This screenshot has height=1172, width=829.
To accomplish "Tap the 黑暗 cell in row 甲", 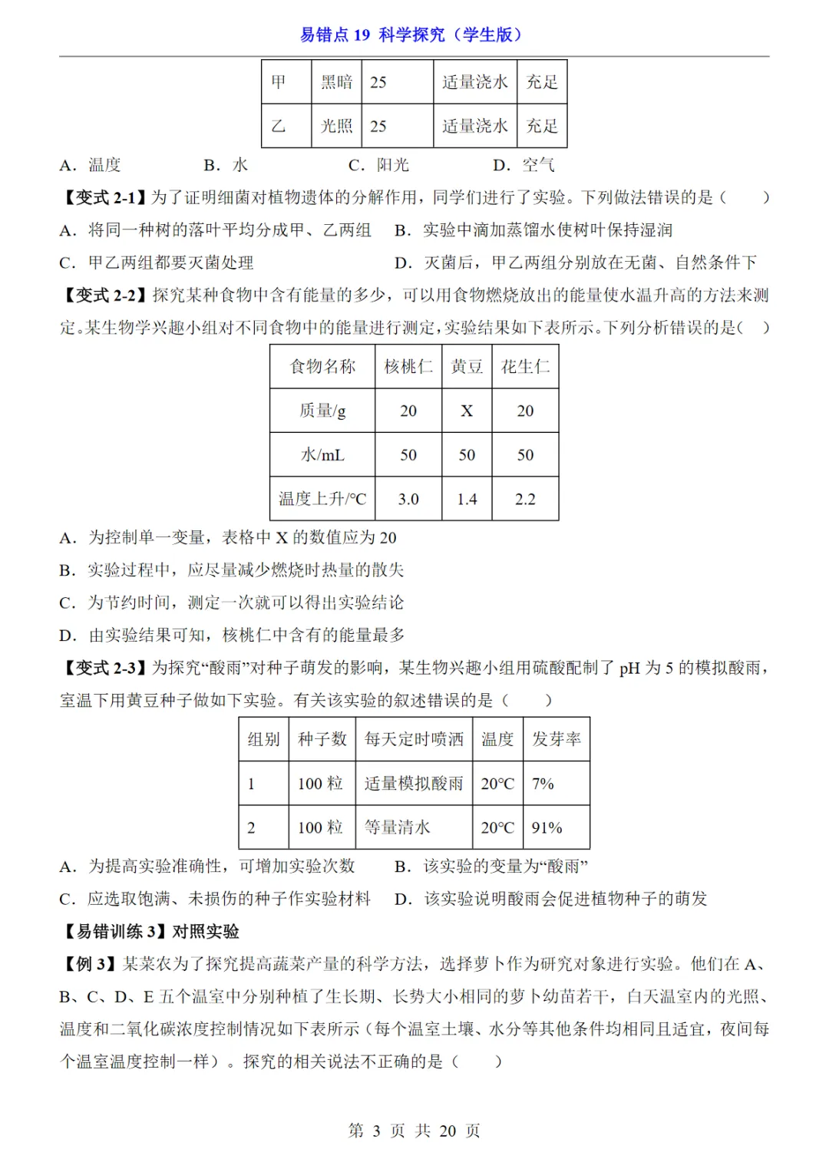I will [336, 82].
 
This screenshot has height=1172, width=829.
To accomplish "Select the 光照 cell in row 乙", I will [336, 126].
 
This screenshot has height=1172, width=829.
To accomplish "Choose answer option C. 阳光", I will [378, 165].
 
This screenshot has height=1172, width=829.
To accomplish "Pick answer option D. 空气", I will [523, 165].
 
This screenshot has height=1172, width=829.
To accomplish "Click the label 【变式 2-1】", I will [103, 197].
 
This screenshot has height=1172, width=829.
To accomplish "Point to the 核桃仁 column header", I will [408, 367].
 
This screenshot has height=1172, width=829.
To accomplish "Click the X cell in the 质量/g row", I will [467, 411].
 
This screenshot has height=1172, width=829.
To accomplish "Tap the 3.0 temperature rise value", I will [408, 499].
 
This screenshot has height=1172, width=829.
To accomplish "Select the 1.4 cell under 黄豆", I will [467, 499].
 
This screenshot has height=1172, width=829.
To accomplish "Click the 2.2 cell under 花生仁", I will [525, 499].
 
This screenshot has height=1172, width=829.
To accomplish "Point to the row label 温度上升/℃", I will [322, 499].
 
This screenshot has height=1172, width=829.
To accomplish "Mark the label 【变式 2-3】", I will [103, 668].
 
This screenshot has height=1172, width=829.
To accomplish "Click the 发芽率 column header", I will [557, 739].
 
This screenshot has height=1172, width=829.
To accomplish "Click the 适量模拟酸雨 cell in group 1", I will [414, 784].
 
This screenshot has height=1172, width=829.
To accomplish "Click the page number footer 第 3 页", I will [376, 1131].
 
